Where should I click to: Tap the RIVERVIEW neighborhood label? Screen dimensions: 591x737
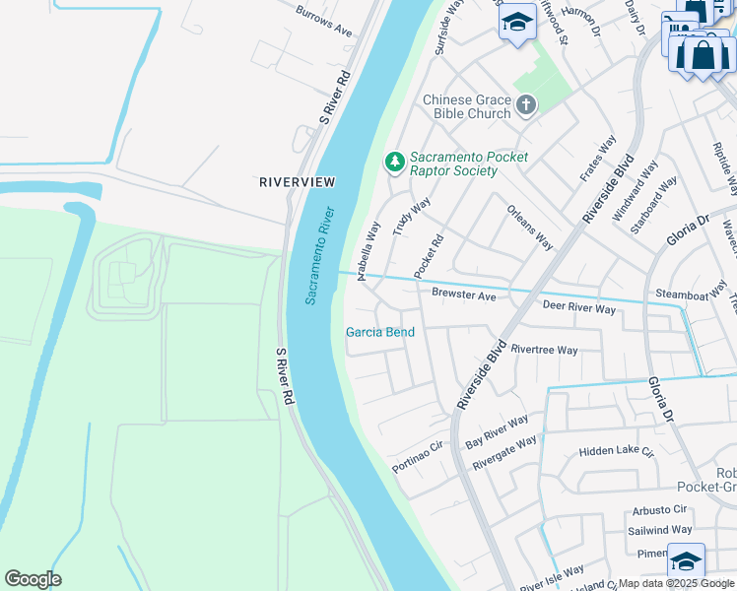[x=297, y=182]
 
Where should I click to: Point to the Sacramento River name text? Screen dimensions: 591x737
[x=319, y=255]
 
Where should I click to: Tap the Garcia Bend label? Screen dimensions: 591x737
[x=379, y=332]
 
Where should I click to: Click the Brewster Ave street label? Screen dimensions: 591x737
[x=463, y=295]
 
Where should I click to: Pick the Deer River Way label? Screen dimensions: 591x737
[x=578, y=308]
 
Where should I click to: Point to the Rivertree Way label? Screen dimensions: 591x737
[x=544, y=350]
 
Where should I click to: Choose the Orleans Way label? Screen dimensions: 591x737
[x=530, y=227]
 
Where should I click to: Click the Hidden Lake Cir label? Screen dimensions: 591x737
[x=617, y=451]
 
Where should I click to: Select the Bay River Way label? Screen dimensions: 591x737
[x=498, y=427]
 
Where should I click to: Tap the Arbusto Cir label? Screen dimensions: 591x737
[x=660, y=509]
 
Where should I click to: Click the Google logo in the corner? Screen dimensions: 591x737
[x=33, y=578]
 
